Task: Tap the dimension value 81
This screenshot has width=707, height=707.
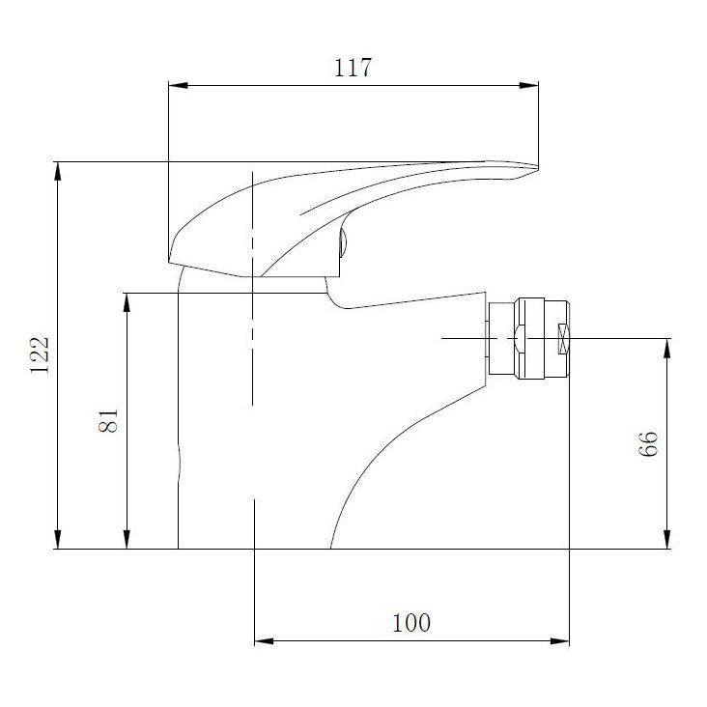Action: pos(109,420)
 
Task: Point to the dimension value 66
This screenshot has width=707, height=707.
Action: pos(648,443)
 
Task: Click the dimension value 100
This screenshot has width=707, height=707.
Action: pos(411,623)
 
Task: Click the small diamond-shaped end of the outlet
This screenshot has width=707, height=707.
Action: pos(564,338)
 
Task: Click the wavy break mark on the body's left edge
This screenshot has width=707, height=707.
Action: pos(179,462)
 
